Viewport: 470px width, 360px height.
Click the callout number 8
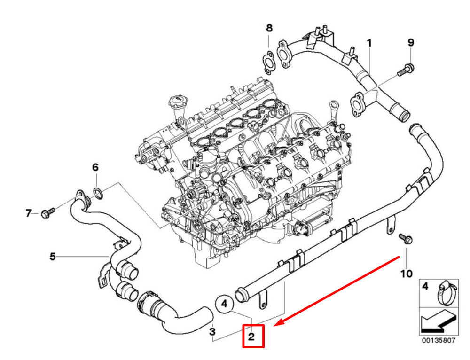pos(269,29)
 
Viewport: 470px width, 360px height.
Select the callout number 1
pos(369,43)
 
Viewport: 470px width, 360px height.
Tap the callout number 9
pos(411,43)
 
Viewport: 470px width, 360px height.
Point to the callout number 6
pos(95,167)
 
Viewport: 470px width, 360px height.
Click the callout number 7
pos(29,213)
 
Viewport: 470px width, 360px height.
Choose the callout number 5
pos(53,257)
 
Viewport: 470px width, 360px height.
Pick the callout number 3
pos(212,331)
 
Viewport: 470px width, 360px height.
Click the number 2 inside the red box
pos(251,337)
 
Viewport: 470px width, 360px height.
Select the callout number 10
pos(407,274)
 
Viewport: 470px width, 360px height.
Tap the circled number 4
pos(225,304)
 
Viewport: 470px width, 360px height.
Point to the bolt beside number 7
pos(47,213)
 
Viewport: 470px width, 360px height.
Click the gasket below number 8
pos(268,63)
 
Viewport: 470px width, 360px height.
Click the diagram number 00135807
pos(439,340)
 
